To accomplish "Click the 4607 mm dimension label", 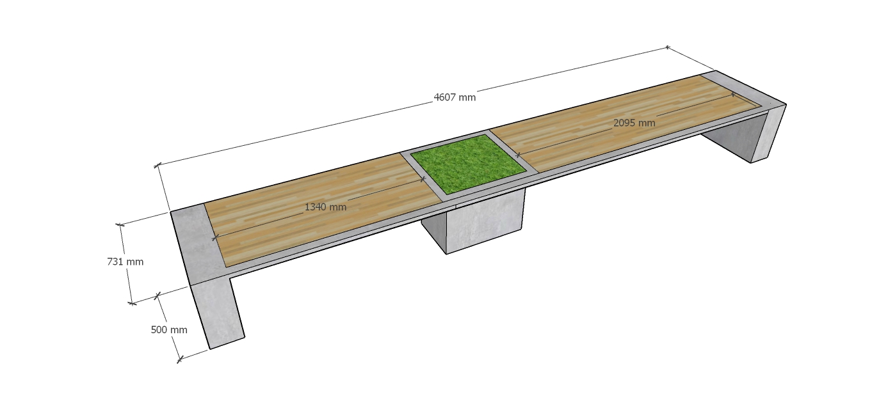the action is pos(455,97).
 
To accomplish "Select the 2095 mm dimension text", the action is pos(634,123).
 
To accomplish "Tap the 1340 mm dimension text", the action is pos(325,207).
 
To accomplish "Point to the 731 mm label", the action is pos(125,262).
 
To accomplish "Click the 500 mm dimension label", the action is pos(169,330).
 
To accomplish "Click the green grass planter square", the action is pos(468,164).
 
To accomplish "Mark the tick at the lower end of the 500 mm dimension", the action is pos(179,359).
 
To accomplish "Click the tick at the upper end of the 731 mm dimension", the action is pos(120,225).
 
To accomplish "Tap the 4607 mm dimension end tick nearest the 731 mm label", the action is pos(157,166).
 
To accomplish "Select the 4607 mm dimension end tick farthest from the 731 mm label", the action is pos(668,47).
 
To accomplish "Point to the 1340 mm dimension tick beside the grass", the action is pos(424,179).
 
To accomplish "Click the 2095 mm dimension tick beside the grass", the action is pos(518,155).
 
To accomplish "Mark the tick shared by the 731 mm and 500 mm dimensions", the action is pos(157,296).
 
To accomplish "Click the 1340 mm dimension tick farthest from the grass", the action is pos(214,238).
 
